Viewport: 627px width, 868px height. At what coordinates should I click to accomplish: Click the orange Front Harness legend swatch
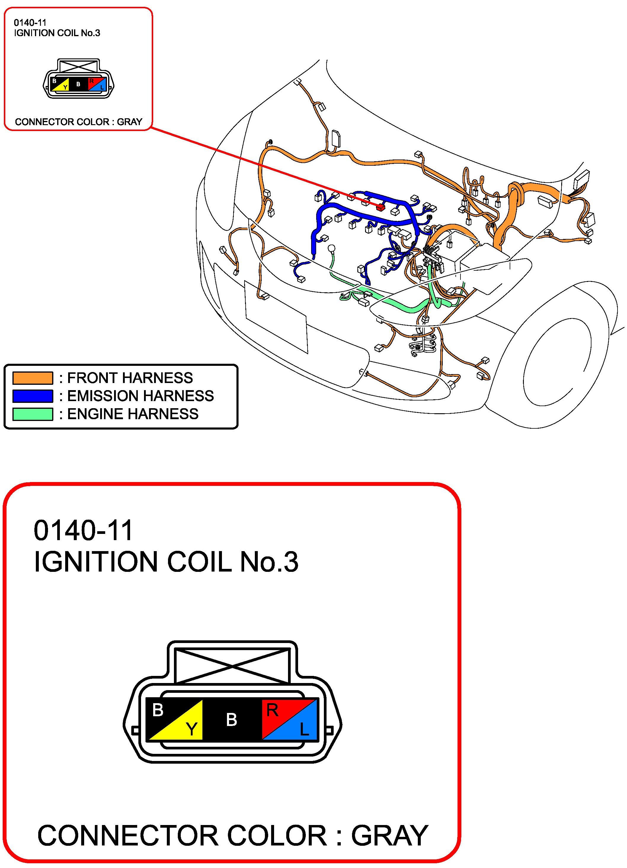33,378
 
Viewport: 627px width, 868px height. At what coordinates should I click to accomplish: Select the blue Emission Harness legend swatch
33,396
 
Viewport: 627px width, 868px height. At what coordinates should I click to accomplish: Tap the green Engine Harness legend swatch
33,414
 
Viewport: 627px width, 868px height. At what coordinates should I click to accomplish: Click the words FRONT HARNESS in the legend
130,378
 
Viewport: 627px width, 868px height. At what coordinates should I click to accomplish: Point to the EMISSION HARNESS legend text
140,396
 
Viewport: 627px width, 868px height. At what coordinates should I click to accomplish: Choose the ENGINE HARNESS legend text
133,414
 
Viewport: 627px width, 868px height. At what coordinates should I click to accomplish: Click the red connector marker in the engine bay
380,208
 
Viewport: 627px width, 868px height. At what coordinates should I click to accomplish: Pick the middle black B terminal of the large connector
231,719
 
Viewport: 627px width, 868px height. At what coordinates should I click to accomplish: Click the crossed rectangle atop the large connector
231,666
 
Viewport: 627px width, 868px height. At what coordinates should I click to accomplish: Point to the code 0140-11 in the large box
83,531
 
